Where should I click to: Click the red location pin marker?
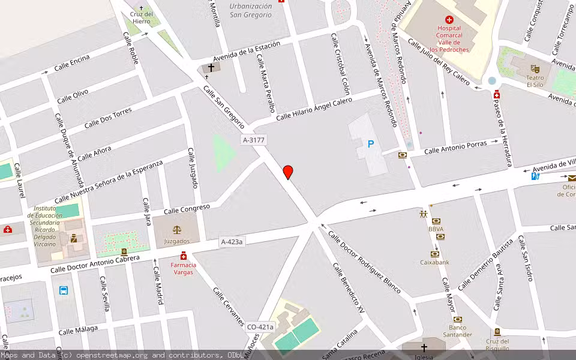288,172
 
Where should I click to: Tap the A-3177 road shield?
253,140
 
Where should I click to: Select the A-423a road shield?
232,242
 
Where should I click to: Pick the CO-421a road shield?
260,327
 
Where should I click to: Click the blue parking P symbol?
371,144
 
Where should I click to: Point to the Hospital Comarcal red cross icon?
449,20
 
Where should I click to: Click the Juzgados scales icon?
176,230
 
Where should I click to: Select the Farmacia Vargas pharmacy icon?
183,256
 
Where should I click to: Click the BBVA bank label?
436,229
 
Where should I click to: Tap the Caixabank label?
435,262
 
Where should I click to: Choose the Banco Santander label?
457,331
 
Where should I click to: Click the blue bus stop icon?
63,290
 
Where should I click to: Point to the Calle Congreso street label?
187,208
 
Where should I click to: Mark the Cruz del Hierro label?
142,17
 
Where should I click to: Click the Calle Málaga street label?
78,331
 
